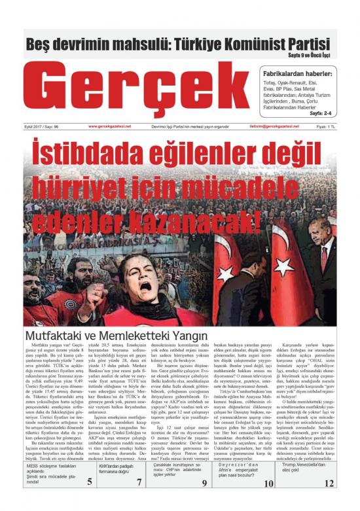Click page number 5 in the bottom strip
click(x=88, y=502)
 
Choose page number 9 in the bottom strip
click(x=204, y=502)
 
